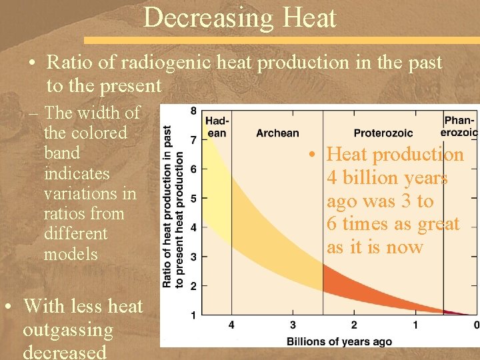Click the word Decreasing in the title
(x=197, y=18)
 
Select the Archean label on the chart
(x=277, y=133)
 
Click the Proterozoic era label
(x=383, y=133)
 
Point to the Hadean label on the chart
(x=217, y=127)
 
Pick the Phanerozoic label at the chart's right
(x=460, y=126)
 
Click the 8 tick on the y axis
(x=193, y=111)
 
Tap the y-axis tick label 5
(x=193, y=198)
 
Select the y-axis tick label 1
(x=193, y=314)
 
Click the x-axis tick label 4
(x=231, y=325)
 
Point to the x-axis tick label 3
(x=293, y=325)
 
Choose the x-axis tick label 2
(x=354, y=325)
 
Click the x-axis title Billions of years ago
(x=339, y=341)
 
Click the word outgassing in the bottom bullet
(x=68, y=330)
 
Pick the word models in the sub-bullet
(x=71, y=254)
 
